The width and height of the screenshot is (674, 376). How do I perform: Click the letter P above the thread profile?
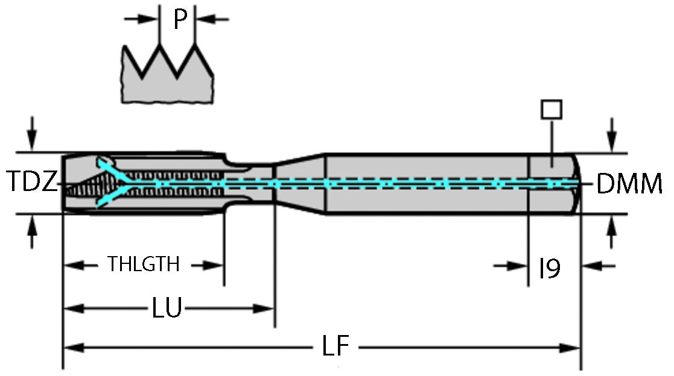[x=179, y=19]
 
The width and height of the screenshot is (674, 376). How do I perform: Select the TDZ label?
[x=33, y=182]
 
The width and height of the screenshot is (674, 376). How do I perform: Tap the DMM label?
[x=629, y=184]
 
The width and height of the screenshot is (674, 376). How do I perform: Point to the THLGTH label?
[x=144, y=264]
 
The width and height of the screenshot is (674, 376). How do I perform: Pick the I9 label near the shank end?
[x=549, y=269]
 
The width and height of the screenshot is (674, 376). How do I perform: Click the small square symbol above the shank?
[x=552, y=109]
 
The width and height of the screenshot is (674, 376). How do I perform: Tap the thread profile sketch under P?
[x=167, y=75]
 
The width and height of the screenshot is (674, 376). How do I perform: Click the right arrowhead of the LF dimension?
[x=570, y=347]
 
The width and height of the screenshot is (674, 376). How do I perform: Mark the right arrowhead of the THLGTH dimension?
[x=214, y=264]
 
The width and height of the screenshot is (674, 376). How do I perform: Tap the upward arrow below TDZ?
[x=33, y=232]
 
